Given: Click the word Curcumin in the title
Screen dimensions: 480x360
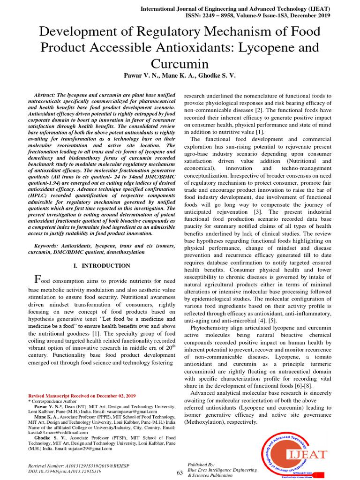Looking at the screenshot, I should pos(180,63).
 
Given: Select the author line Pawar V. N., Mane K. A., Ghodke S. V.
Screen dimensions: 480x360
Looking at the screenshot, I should pos(180,75).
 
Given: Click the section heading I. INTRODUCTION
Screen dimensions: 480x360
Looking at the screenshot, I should pos(102,266).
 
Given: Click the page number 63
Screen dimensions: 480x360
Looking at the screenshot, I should pos(180,472).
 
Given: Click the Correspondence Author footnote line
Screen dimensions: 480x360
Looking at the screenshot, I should pos(54,402).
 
